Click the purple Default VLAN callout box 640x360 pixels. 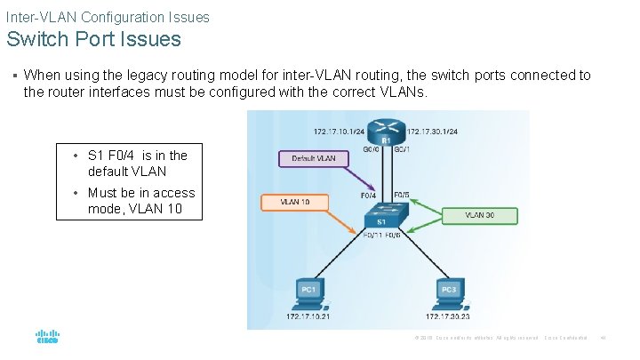pyautogui.click(x=313, y=158)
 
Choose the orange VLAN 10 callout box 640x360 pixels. pyautogui.click(x=294, y=202)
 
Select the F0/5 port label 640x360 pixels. pyautogui.click(x=401, y=193)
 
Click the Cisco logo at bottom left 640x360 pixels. pyautogui.click(x=46, y=337)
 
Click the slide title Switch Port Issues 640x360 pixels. pyautogui.click(x=94, y=39)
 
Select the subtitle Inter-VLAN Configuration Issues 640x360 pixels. pyautogui.click(x=108, y=17)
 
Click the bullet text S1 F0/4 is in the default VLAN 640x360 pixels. pyautogui.click(x=137, y=163)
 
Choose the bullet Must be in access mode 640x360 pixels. pyautogui.click(x=140, y=201)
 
